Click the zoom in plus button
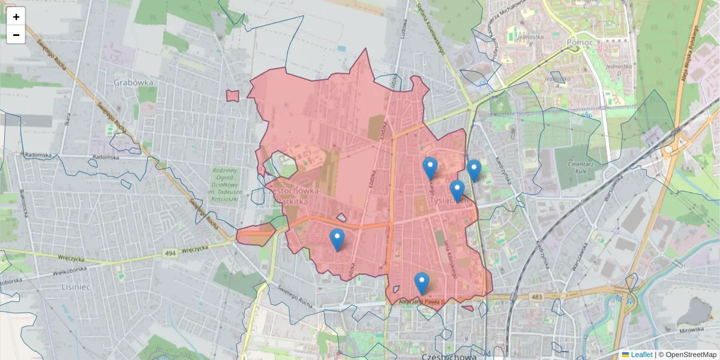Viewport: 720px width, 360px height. click(16, 17)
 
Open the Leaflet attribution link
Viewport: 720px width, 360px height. click(641, 355)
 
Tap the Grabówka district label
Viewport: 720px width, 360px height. click(133, 82)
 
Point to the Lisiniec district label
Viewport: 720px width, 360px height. click(75, 287)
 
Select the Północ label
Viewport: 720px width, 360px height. click(580, 43)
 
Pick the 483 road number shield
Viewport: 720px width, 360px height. click(536, 296)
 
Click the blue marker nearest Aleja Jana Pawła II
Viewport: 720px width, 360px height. click(422, 283)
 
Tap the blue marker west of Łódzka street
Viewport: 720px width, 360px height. click(337, 239)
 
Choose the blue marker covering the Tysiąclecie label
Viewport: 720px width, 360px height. click(457, 190)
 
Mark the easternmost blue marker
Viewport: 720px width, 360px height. click(474, 170)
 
